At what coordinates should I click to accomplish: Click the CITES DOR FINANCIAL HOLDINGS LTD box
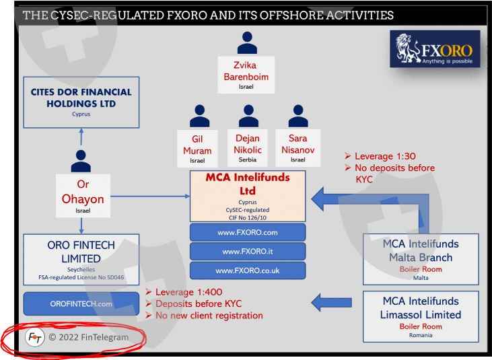point(81,102)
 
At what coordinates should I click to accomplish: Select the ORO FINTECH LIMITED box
point(81,259)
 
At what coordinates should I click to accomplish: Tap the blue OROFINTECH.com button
point(81,303)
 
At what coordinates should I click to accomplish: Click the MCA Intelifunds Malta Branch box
point(420,258)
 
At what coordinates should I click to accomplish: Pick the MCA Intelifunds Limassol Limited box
point(420,314)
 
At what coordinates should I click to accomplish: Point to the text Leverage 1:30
point(385,155)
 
